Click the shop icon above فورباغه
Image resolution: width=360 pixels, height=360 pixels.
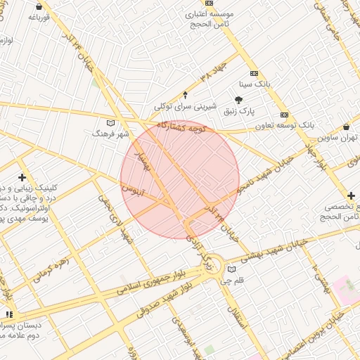[x=38, y=7]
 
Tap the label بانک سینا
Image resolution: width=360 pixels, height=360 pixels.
[x=253, y=84]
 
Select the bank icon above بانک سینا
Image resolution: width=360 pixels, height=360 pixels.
[x=253, y=73]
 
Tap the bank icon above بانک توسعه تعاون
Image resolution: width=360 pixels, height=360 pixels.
[x=284, y=115]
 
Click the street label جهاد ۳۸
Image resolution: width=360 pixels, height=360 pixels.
[x=213, y=71]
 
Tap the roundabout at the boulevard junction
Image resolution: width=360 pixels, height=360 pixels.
[x=213, y=267]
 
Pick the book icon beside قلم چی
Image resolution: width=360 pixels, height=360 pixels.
[x=231, y=269]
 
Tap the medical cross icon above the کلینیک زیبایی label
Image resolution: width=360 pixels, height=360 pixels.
[x=22, y=177]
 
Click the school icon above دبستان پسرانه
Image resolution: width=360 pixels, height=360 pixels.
[x=9, y=314]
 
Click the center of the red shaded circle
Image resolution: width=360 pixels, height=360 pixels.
[x=180, y=180]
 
